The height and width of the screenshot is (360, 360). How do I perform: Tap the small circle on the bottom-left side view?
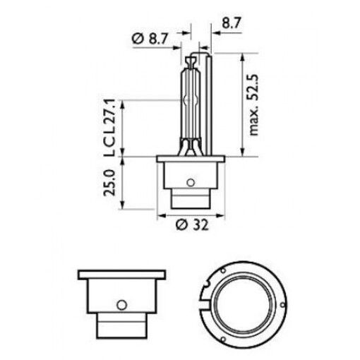(x=121, y=305)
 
